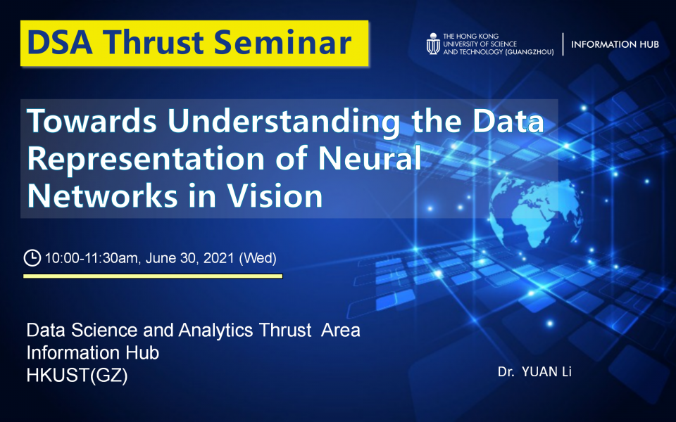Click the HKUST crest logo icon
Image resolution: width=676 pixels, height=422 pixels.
pyautogui.click(x=433, y=44)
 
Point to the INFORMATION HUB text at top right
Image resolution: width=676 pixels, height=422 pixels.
pyautogui.click(x=615, y=44)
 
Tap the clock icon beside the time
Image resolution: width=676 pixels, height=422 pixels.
pyautogui.click(x=32, y=258)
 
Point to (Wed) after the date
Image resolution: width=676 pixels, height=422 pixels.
pyautogui.click(x=258, y=258)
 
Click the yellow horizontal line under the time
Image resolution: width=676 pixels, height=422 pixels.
pyautogui.click(x=153, y=276)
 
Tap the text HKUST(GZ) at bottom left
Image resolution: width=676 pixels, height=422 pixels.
pyautogui.click(x=77, y=376)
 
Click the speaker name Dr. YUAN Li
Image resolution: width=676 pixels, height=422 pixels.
pyautogui.click(x=534, y=371)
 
